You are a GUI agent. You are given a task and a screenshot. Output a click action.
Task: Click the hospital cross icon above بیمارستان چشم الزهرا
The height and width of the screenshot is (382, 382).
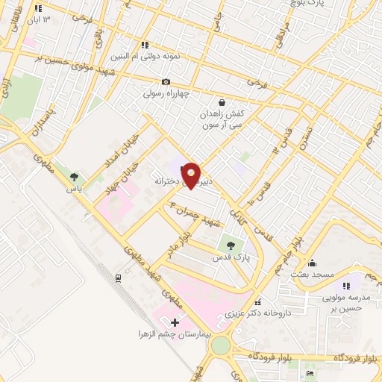175,322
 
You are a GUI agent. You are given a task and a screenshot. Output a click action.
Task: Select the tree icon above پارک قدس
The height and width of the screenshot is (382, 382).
230,245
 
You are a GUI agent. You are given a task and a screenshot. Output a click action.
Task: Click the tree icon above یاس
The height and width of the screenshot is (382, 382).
73,177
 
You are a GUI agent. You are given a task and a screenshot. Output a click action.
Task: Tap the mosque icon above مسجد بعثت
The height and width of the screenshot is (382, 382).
312,263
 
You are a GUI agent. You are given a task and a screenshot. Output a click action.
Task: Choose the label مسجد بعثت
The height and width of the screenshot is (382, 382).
312,275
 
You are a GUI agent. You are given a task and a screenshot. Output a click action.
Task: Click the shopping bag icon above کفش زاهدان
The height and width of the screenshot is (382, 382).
221,102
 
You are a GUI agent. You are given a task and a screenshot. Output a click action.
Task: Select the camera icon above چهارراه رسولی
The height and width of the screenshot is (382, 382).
166,81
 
